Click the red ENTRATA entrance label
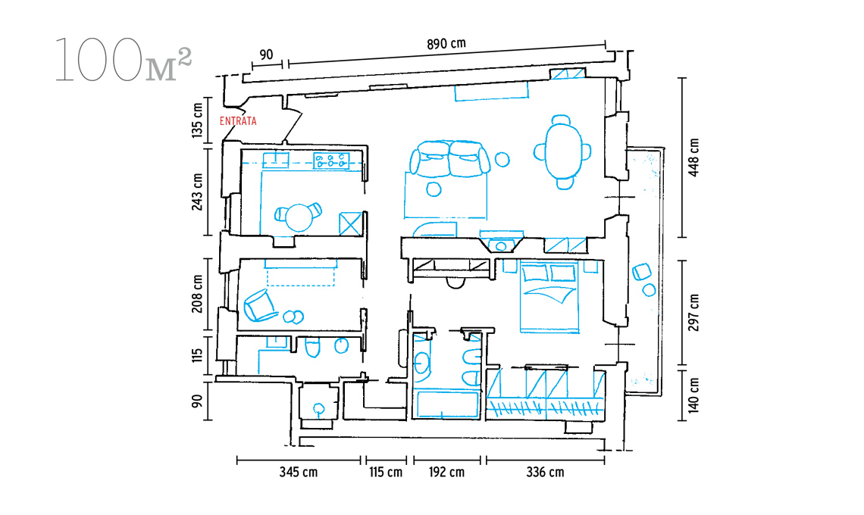[x=238, y=121]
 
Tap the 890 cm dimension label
[x=446, y=43]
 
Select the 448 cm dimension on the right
[x=693, y=158]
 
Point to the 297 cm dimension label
[x=693, y=312]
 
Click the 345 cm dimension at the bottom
[x=298, y=472]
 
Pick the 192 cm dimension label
[x=446, y=472]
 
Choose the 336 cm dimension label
[x=545, y=472]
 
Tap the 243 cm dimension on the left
[x=197, y=192]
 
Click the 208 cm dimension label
[x=197, y=294]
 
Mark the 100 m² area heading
[x=124, y=61]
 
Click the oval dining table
[x=563, y=150]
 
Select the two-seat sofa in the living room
[x=449, y=158]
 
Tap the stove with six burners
[x=331, y=161]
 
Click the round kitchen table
[x=299, y=217]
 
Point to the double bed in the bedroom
[x=549, y=298]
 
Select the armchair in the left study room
[x=259, y=305]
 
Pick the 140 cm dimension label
[x=693, y=395]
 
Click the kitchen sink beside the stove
[x=276, y=160]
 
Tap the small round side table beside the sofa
[x=502, y=159]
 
